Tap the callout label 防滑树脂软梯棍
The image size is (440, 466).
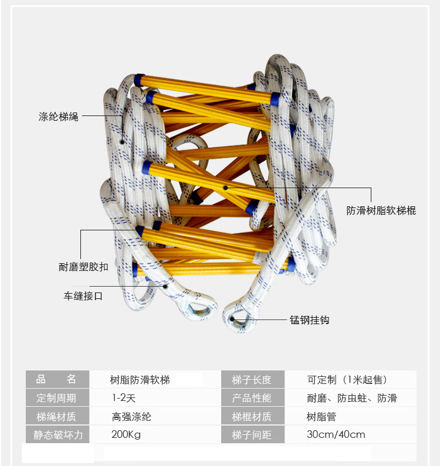tap(381, 210)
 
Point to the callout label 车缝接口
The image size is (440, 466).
tap(83, 296)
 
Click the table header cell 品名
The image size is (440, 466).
tap(56, 379)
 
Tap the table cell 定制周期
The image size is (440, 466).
tap(56, 398)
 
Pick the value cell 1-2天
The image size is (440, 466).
tap(124, 398)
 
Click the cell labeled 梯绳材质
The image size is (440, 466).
tap(56, 417)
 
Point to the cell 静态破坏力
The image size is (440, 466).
tap(56, 435)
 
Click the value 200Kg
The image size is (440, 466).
tap(126, 435)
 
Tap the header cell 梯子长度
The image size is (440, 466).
tap(252, 379)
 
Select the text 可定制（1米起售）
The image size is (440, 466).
tap(347, 379)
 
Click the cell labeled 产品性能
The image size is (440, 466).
tap(252, 398)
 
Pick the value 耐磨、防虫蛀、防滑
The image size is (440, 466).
tap(352, 398)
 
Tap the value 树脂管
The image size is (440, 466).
tap(321, 417)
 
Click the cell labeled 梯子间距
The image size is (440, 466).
tap(252, 435)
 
